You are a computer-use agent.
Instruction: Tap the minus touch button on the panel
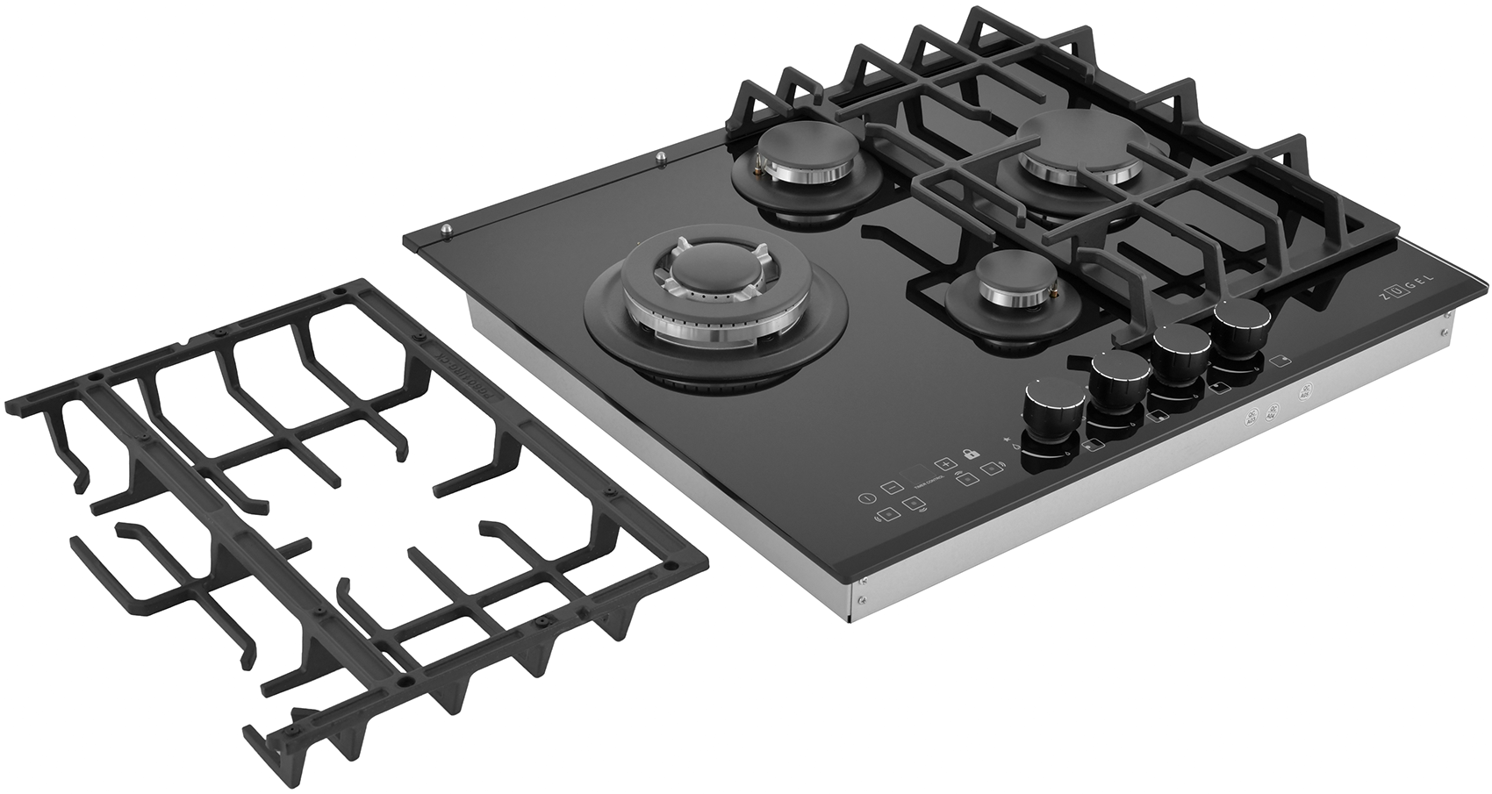point(889,485)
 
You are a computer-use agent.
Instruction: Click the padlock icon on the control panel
point(971,454)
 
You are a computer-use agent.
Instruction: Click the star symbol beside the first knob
point(1006,440)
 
